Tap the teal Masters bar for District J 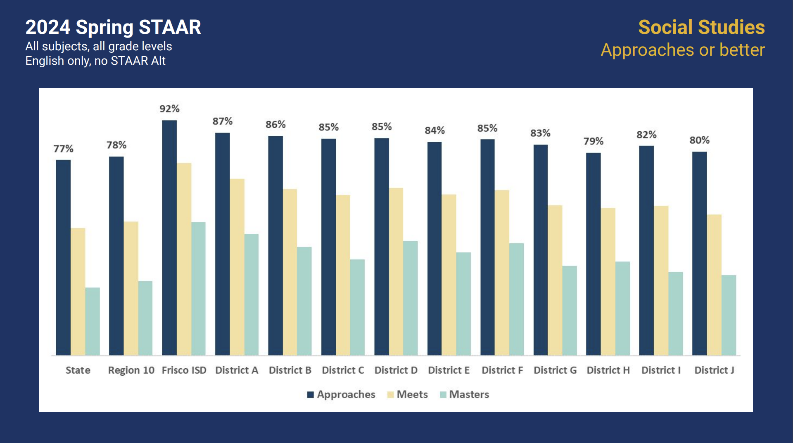tap(729, 315)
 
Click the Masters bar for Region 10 tap(145, 318)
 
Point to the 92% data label tap(169, 109)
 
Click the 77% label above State tap(63, 149)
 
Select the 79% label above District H tap(594, 141)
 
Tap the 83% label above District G tap(540, 133)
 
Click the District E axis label tap(449, 370)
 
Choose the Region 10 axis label tap(131, 370)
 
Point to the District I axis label tap(661, 370)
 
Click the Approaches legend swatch tap(311, 395)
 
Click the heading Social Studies tap(701, 27)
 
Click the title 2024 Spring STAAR tap(113, 27)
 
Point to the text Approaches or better tap(683, 50)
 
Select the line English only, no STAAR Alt tap(95, 61)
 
